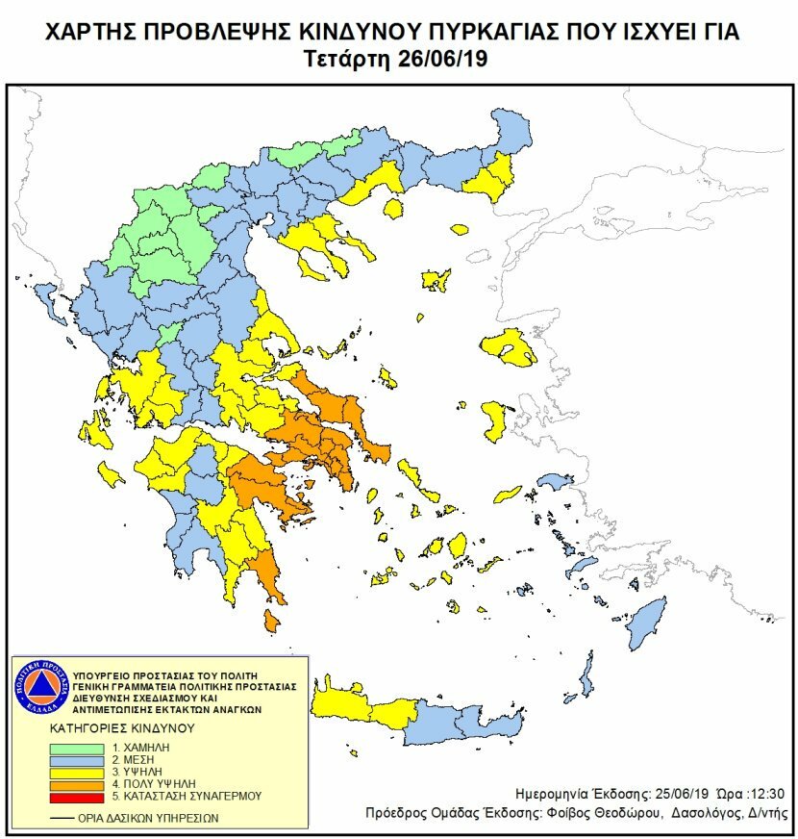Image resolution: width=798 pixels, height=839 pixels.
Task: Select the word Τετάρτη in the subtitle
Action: tap(345, 59)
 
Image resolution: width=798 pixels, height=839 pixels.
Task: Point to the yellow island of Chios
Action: tap(494, 421)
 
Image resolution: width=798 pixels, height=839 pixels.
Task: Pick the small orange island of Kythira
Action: tap(272, 623)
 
